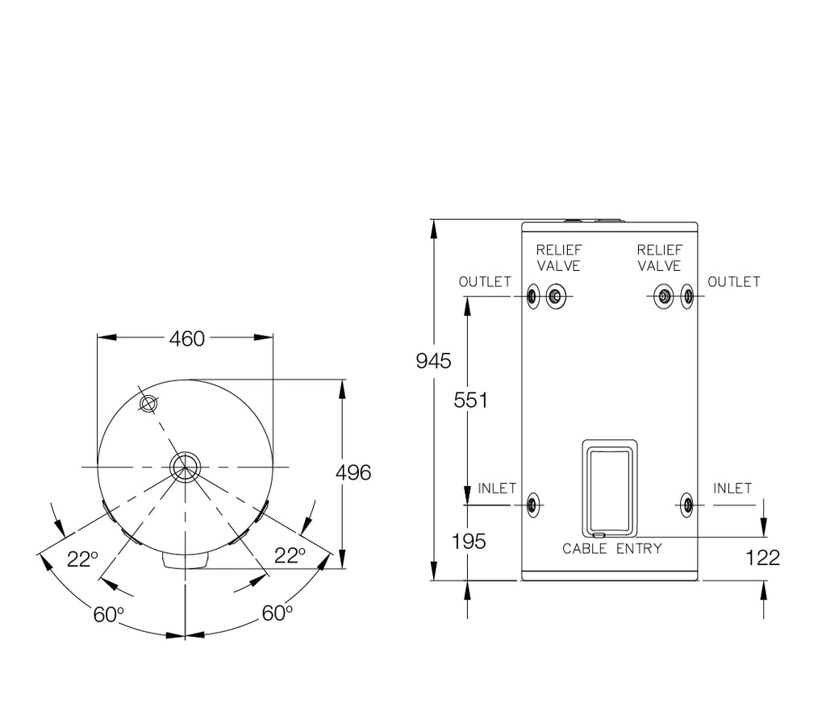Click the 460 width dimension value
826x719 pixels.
tap(186, 339)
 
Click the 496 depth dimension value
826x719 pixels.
tap(353, 472)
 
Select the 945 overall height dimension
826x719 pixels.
tap(433, 361)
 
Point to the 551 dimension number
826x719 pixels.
tap(470, 400)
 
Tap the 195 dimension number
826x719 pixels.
tap(469, 542)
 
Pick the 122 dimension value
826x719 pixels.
tap(763, 558)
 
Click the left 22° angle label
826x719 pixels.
tap(82, 559)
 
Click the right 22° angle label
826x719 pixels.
tap(290, 555)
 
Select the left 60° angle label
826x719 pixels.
tap(109, 615)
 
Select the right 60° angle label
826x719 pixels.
tap(277, 613)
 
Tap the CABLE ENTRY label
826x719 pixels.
tap(611, 549)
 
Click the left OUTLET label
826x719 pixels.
tap(485, 282)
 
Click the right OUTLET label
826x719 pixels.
tap(733, 282)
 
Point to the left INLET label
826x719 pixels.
tap(497, 488)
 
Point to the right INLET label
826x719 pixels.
tap(732, 488)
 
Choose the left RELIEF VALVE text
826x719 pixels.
tap(559, 258)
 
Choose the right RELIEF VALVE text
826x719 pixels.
tap(659, 258)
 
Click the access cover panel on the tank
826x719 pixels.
tap(609, 488)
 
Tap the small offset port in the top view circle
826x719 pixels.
tap(147, 404)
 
